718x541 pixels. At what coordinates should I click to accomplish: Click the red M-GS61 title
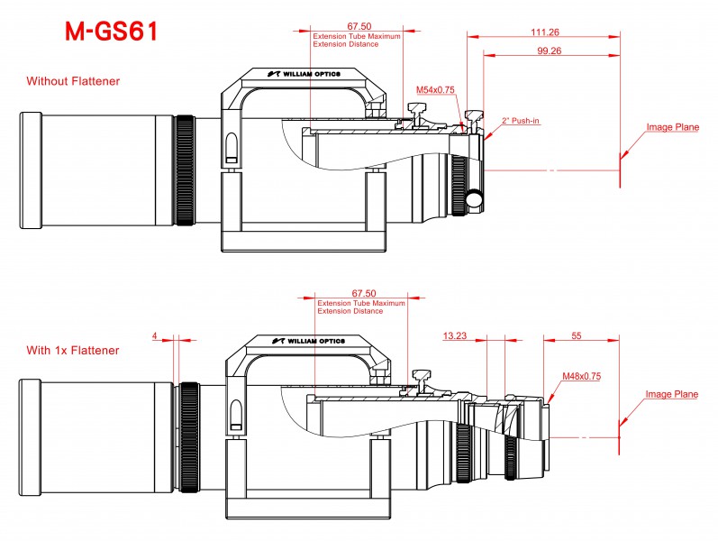[112, 32]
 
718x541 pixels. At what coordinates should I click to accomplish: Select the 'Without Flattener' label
[73, 81]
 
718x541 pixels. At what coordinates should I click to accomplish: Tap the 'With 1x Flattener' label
[73, 350]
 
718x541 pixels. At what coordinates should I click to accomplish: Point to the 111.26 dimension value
[545, 32]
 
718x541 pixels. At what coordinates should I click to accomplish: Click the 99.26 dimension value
[549, 50]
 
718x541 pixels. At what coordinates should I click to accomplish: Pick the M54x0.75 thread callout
[435, 90]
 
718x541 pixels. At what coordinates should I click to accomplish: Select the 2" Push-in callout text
[521, 121]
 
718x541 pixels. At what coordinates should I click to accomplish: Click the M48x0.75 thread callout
[582, 376]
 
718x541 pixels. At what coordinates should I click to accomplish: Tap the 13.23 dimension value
[455, 335]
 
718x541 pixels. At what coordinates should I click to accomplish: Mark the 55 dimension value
[576, 335]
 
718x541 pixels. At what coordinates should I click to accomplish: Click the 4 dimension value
[155, 335]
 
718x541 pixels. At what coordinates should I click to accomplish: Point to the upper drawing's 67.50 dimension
[359, 26]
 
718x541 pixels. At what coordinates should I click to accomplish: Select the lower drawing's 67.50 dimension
[364, 293]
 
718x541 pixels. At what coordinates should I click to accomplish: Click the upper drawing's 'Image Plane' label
[673, 127]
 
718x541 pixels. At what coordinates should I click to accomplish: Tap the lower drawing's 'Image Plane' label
[672, 394]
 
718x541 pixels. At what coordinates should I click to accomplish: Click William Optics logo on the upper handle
[304, 74]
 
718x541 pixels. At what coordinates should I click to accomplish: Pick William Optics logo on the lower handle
[309, 341]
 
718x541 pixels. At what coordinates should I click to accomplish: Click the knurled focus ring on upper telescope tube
[185, 170]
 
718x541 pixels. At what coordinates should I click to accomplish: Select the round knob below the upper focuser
[475, 198]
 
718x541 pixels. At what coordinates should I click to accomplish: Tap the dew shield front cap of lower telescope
[31, 437]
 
